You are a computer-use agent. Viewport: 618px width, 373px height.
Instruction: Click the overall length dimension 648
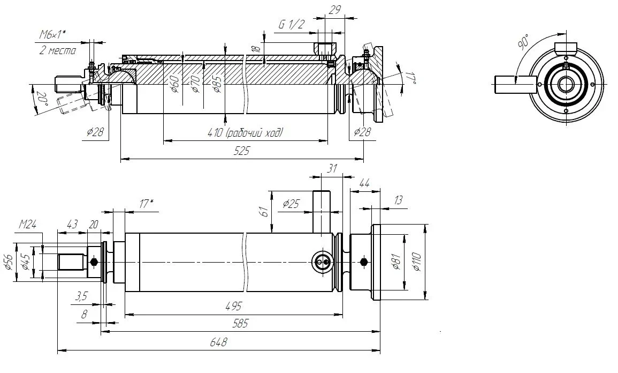tap(218, 343)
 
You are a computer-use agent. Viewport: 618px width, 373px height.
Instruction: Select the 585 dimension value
tap(241, 324)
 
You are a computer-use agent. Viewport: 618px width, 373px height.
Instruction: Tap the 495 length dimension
tap(233, 306)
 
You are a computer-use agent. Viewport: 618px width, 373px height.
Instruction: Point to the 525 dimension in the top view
tap(241, 151)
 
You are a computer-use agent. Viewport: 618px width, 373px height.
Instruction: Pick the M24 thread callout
tap(27, 224)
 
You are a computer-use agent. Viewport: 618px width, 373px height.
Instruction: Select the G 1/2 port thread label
tap(292, 24)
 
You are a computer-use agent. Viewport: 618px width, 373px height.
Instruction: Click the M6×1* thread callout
tap(52, 35)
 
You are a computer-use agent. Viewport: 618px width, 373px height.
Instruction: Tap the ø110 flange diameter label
tap(418, 261)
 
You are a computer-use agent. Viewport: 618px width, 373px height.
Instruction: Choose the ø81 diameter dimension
tap(396, 262)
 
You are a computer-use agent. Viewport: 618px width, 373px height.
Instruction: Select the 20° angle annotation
tap(41, 99)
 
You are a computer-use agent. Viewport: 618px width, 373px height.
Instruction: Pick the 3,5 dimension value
tap(82, 295)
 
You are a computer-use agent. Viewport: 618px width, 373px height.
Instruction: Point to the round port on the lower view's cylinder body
tap(323, 262)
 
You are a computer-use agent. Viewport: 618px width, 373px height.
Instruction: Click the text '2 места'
tap(58, 50)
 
